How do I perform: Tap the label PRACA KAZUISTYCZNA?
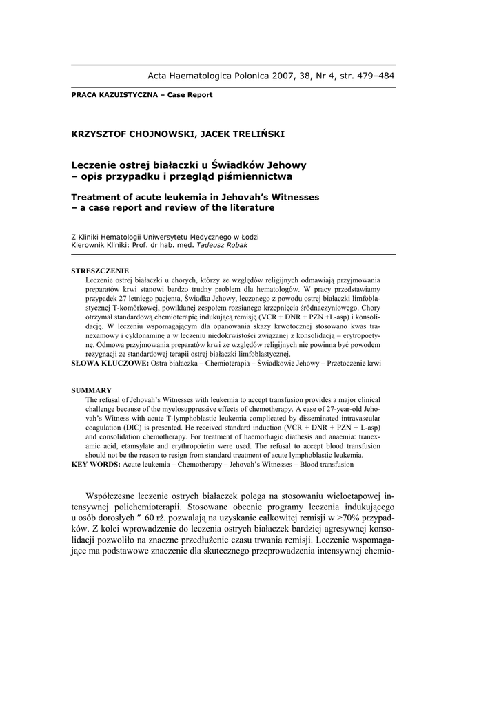(x=114, y=95)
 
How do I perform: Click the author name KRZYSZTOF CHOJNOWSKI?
(x=132, y=134)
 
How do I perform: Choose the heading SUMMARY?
(x=92, y=390)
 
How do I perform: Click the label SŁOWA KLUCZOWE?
(x=110, y=362)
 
